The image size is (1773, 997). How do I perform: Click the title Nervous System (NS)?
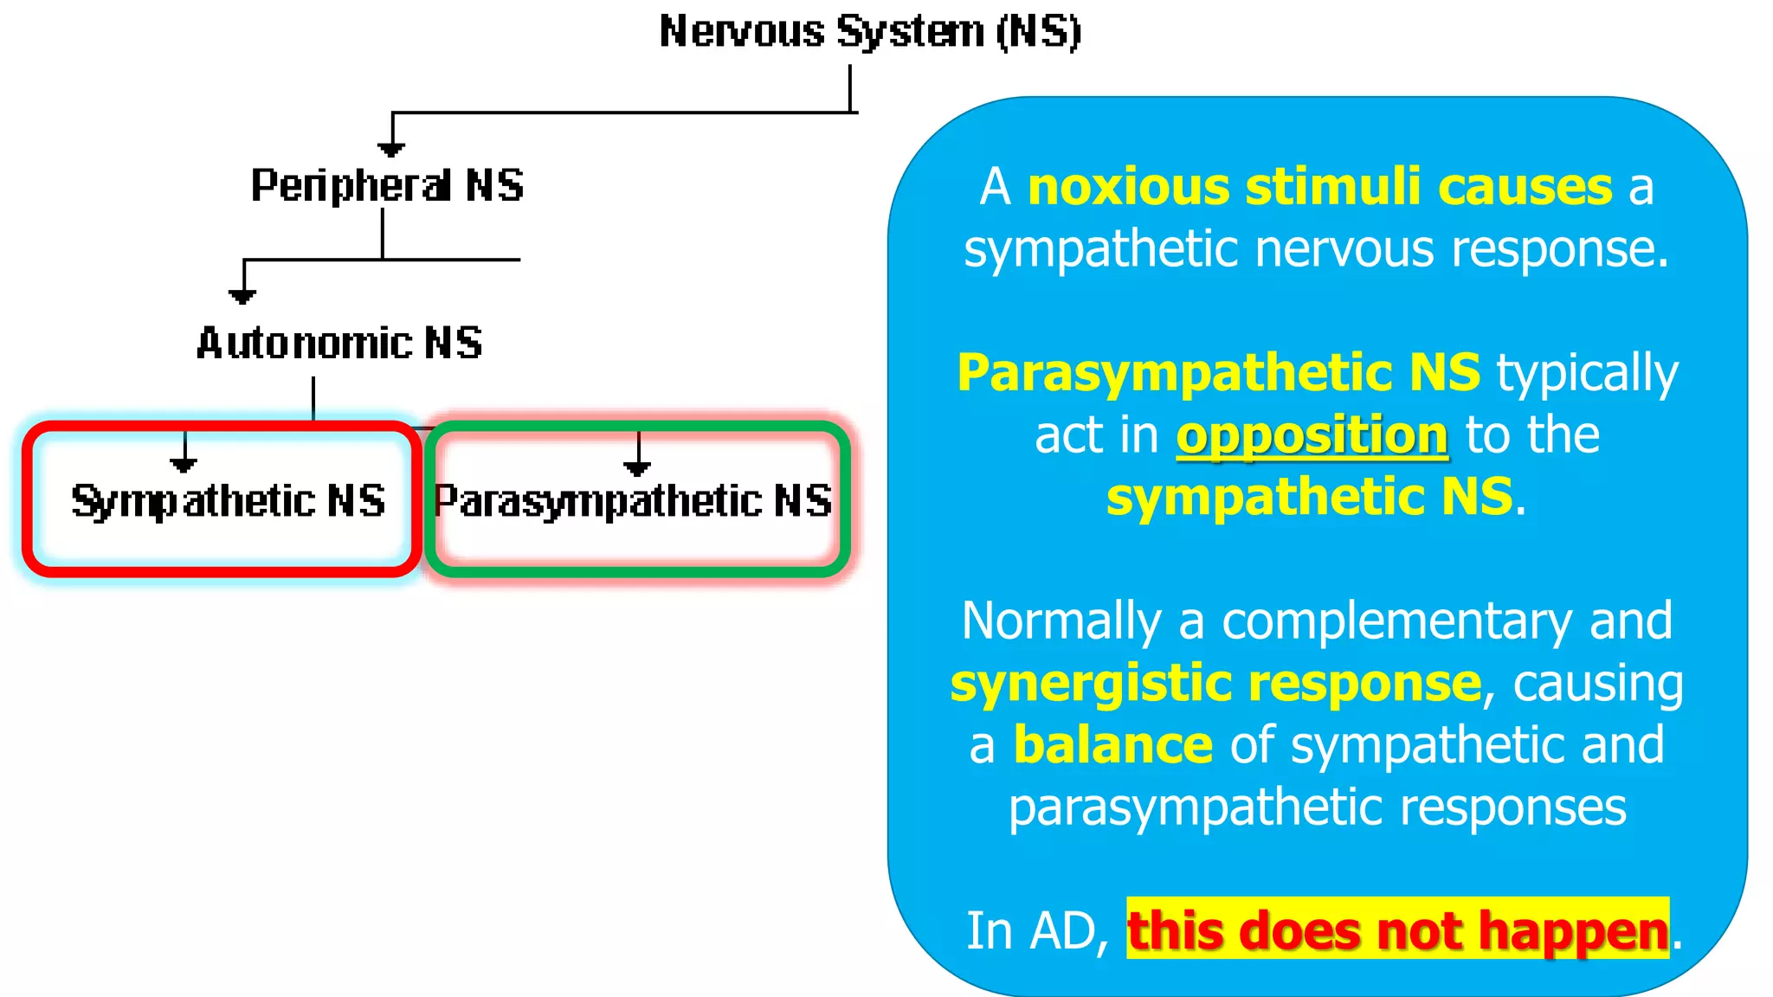tap(869, 33)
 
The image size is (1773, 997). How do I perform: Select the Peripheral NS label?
tap(387, 185)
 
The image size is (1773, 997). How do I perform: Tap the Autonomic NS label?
tap(339, 344)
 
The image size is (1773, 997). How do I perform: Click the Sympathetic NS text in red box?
tap(228, 501)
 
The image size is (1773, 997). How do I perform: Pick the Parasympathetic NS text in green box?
tap(633, 501)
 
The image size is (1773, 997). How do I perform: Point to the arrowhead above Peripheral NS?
tap(391, 150)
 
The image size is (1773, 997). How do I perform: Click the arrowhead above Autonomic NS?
tap(242, 297)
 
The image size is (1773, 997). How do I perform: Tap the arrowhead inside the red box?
tap(184, 465)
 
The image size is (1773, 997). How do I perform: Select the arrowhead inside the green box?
tap(637, 468)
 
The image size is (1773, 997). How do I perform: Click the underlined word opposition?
tap(1312, 435)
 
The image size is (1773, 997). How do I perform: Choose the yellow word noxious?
tap(1128, 187)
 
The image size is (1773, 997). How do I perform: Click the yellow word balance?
tap(1112, 745)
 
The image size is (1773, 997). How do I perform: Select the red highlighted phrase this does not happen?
tap(1397, 931)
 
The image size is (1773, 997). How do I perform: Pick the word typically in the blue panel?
tap(1587, 374)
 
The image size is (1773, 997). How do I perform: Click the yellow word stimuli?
tap(1332, 187)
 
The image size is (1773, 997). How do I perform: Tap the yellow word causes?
tap(1525, 187)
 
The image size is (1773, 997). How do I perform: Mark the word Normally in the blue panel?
tap(1061, 621)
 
